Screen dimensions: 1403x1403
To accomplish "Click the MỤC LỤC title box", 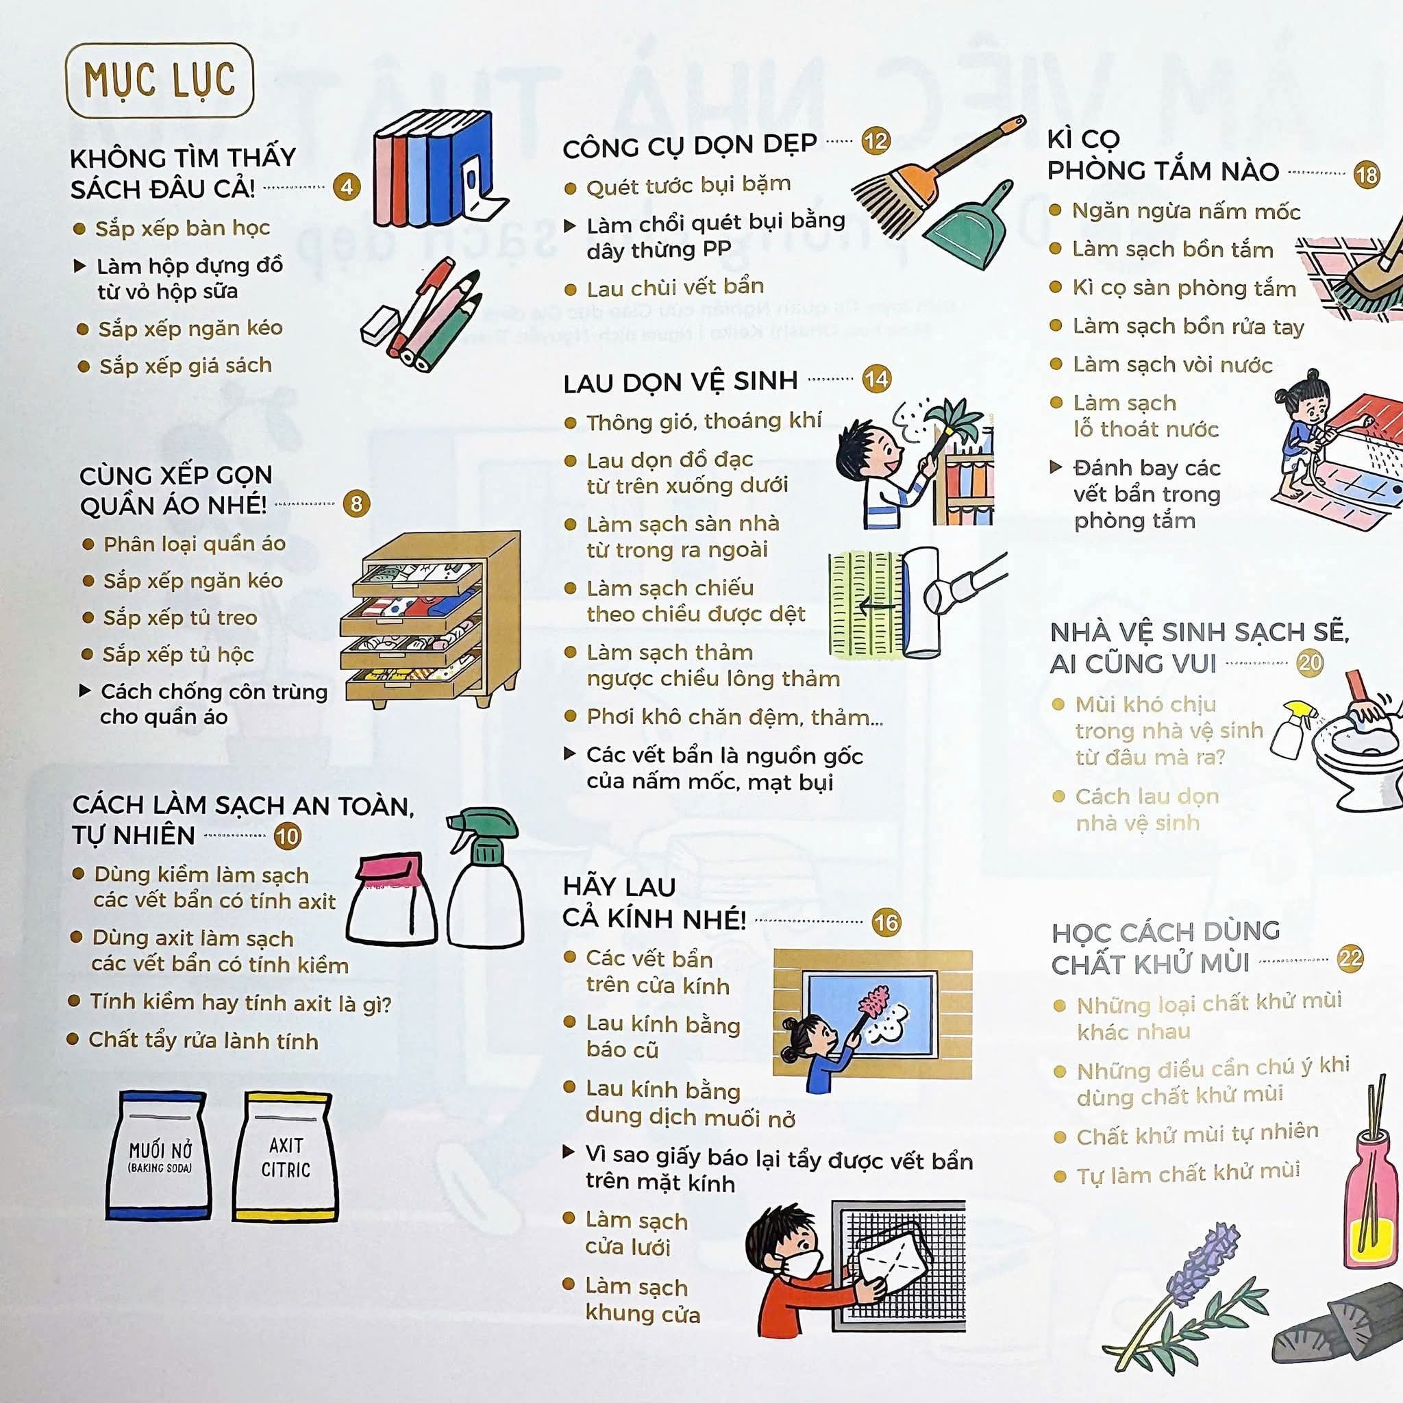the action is tap(160, 80).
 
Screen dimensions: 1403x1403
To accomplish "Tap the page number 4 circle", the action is tap(347, 186).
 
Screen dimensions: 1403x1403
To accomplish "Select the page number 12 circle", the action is tap(876, 140).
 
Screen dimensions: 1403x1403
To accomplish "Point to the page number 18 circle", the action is tap(1366, 174).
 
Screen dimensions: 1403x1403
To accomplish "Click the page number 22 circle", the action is tap(1350, 958).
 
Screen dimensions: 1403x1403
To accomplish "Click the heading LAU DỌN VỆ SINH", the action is tap(680, 382).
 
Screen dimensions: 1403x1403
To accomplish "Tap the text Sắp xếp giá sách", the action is tap(186, 365).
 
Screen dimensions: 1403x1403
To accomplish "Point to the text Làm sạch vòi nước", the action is tap(1173, 364).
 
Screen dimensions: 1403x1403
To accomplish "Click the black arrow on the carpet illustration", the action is tap(876, 604).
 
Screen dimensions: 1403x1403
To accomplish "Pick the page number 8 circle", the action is tap(356, 504).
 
